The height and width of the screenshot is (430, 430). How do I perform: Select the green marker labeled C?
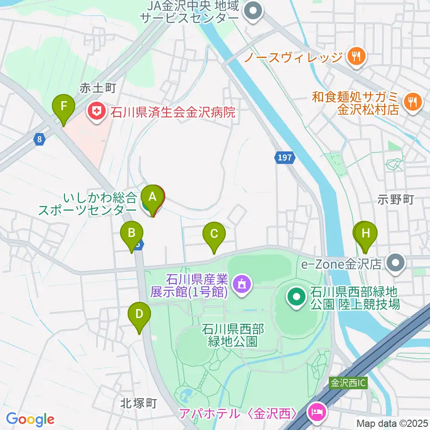pos(214,235)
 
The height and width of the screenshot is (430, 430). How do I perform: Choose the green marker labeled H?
pos(366,234)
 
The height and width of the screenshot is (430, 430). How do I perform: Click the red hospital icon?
pos(96,109)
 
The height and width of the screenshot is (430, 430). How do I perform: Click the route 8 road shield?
pos(40,140)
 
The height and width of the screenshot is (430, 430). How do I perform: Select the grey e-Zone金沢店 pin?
pos(396,262)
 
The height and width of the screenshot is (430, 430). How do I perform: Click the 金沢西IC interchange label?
pos(348,383)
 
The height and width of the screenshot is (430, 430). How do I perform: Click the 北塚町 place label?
pos(138,403)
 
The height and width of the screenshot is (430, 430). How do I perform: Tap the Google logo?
pos(30,419)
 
